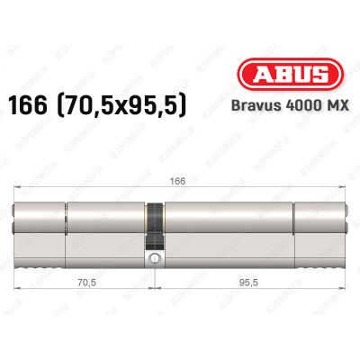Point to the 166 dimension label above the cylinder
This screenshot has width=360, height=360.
[x=161, y=180]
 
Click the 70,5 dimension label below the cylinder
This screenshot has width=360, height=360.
[x=84, y=280]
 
